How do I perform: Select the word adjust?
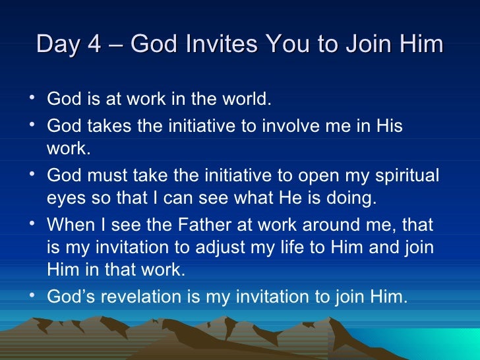(210, 247)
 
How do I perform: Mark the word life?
(275, 247)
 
